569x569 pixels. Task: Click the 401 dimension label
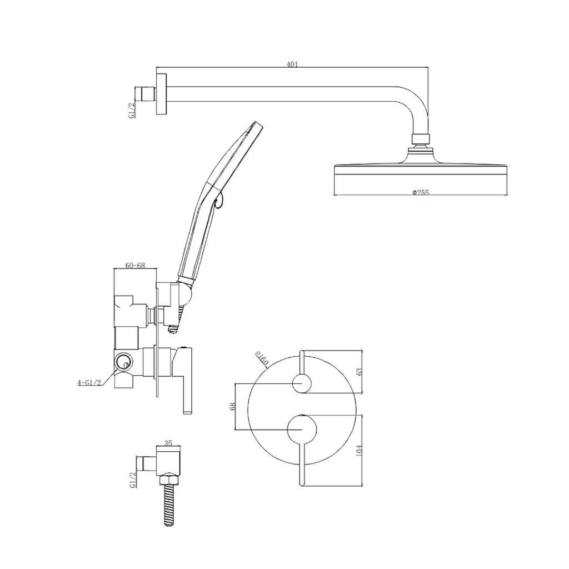click(292, 64)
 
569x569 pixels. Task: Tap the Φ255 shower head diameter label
click(421, 192)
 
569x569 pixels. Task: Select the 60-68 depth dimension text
click(136, 265)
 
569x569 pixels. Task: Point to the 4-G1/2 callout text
click(89, 382)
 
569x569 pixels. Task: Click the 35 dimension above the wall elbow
click(168, 443)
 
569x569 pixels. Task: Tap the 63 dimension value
click(360, 372)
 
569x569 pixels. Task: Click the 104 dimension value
click(360, 450)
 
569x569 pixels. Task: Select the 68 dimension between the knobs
click(233, 406)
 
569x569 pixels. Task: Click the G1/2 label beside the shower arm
click(132, 110)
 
